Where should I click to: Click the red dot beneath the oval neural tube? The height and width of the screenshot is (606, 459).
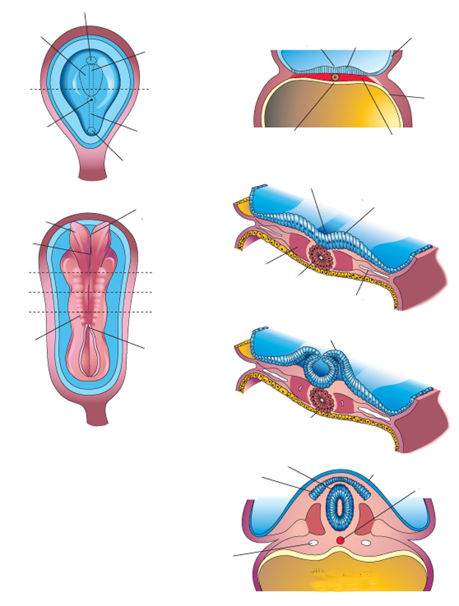[x=339, y=541]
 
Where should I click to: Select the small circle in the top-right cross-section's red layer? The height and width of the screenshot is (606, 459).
[x=335, y=77]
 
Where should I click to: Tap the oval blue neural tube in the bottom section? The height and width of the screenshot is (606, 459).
[x=339, y=506]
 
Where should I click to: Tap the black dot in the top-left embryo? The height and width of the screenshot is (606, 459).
[x=90, y=99]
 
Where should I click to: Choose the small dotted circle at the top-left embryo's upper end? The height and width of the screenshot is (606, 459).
[x=90, y=62]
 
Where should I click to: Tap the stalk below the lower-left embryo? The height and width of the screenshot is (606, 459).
[x=98, y=413]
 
